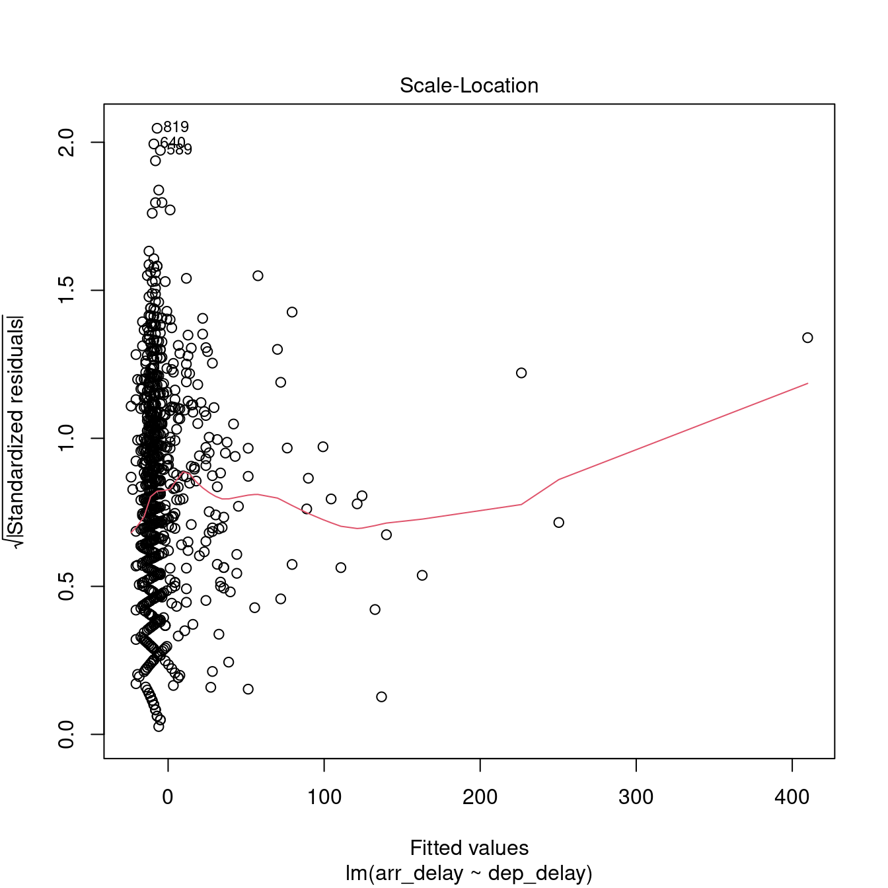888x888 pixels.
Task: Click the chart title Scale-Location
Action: (x=469, y=86)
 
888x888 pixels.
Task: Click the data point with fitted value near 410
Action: (x=807, y=338)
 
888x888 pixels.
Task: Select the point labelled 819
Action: (x=157, y=128)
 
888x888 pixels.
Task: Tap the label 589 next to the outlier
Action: (x=179, y=150)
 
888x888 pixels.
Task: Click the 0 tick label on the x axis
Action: (x=168, y=797)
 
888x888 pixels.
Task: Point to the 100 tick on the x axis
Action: (x=324, y=797)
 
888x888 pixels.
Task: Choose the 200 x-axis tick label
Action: (x=480, y=797)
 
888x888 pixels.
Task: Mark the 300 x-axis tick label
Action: (x=636, y=797)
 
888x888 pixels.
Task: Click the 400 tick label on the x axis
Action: (x=792, y=797)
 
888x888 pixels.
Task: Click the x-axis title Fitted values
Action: (x=469, y=848)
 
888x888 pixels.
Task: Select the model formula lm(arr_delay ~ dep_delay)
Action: (x=469, y=873)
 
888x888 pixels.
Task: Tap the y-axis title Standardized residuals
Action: (x=17, y=433)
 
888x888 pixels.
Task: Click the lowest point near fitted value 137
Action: (x=381, y=696)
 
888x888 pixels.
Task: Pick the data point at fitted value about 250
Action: (x=559, y=523)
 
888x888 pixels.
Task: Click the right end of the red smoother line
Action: (x=807, y=383)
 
